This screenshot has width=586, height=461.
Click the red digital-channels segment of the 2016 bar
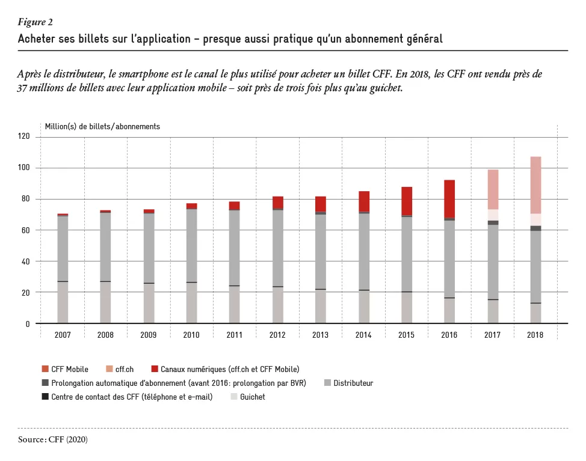coord(449,199)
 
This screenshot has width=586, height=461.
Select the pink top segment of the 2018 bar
coord(535,185)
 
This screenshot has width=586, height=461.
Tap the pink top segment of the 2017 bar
coord(493,189)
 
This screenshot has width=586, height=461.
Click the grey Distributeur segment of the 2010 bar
coord(192,246)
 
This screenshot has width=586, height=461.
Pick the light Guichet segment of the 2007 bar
coord(63,302)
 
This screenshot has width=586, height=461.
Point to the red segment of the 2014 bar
coord(364,201)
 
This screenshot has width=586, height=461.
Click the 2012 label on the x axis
coord(277,335)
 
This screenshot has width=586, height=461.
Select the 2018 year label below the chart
coord(535,335)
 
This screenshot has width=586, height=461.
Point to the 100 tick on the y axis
coord(23,168)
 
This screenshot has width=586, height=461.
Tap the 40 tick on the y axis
coord(25,261)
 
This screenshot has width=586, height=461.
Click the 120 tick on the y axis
coord(23,136)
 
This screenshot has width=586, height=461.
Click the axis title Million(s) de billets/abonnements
coord(102,127)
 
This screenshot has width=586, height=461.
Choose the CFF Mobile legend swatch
coord(45,369)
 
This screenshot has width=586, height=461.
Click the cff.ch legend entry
coord(120,369)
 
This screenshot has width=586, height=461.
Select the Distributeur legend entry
coord(349,383)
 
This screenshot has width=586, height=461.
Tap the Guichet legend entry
coord(248,397)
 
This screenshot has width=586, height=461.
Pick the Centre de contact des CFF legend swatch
coord(45,397)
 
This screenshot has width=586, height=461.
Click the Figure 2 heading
coord(35,22)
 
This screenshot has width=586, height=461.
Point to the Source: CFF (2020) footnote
coord(53,439)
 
